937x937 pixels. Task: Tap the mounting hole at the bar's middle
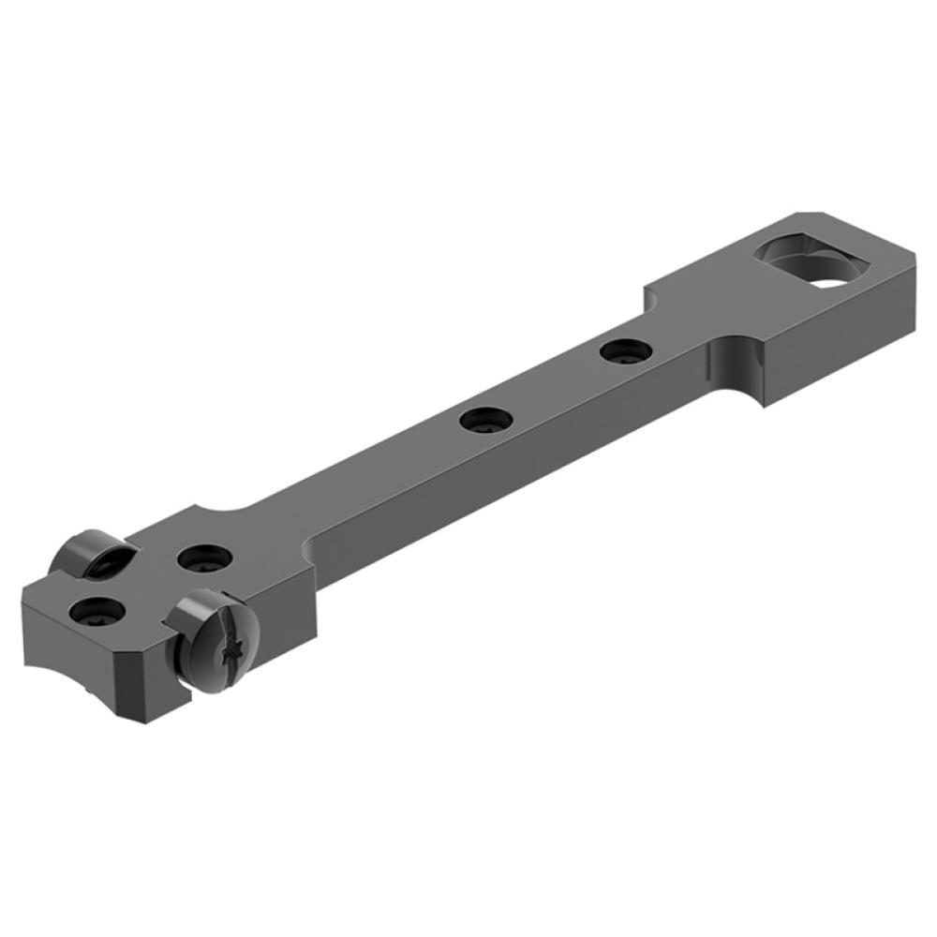pyautogui.click(x=484, y=419)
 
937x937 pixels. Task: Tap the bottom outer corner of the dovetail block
pyautogui.click(x=766, y=403)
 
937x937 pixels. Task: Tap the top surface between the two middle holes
pyautogui.click(x=553, y=386)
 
